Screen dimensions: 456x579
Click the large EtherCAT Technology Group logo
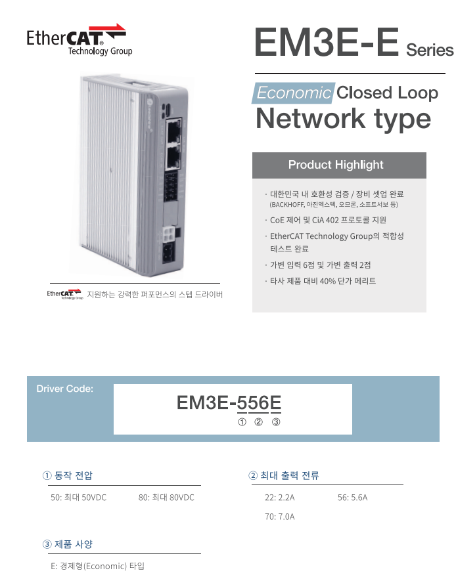(x=79, y=39)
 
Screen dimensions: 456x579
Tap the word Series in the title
(x=430, y=50)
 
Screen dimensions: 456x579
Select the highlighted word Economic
(x=294, y=93)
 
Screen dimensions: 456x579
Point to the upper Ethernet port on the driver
(x=173, y=129)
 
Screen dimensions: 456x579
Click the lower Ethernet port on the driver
(x=173, y=156)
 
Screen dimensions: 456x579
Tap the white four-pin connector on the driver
(x=168, y=234)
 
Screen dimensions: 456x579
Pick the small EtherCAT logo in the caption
(x=64, y=294)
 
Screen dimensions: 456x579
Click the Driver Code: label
(x=64, y=389)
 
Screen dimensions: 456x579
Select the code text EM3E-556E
(x=229, y=402)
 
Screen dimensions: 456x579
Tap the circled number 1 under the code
(x=242, y=421)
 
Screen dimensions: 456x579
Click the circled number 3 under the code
(x=276, y=421)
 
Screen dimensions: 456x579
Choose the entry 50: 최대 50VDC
(x=78, y=498)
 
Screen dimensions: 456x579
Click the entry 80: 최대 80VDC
(x=166, y=498)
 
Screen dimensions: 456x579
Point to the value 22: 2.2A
(x=280, y=498)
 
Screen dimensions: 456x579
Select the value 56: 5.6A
(x=353, y=498)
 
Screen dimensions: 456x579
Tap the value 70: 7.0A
(x=280, y=517)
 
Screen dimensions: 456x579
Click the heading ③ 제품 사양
(x=68, y=544)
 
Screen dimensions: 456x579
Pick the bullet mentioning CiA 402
(x=325, y=220)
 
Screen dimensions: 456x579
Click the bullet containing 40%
(x=321, y=281)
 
